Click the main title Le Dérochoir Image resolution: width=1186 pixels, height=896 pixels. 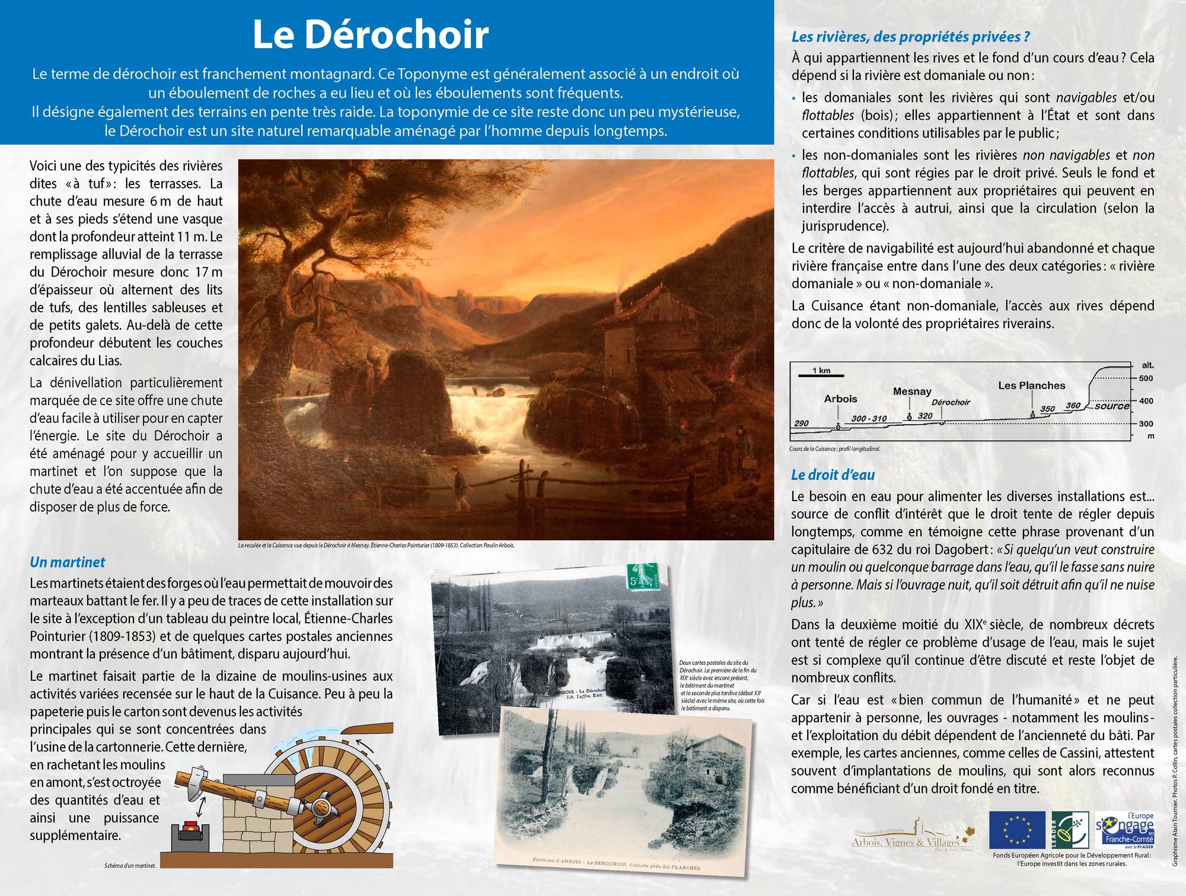(x=371, y=34)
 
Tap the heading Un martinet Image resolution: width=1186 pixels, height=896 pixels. (x=67, y=562)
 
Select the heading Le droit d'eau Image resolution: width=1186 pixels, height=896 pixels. (x=833, y=474)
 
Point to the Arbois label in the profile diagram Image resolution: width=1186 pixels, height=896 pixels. (x=840, y=399)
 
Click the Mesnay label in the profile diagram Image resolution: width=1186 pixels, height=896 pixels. (x=911, y=391)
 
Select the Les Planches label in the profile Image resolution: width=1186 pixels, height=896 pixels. (x=1031, y=385)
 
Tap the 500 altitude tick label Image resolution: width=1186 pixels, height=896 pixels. (x=1146, y=378)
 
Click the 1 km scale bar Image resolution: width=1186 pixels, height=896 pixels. (x=821, y=374)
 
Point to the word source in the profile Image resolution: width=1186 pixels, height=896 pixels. (x=1112, y=406)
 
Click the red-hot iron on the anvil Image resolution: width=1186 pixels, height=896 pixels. (x=191, y=826)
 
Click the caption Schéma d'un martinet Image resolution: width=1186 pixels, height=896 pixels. (x=130, y=866)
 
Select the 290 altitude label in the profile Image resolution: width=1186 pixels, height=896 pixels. (x=801, y=423)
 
